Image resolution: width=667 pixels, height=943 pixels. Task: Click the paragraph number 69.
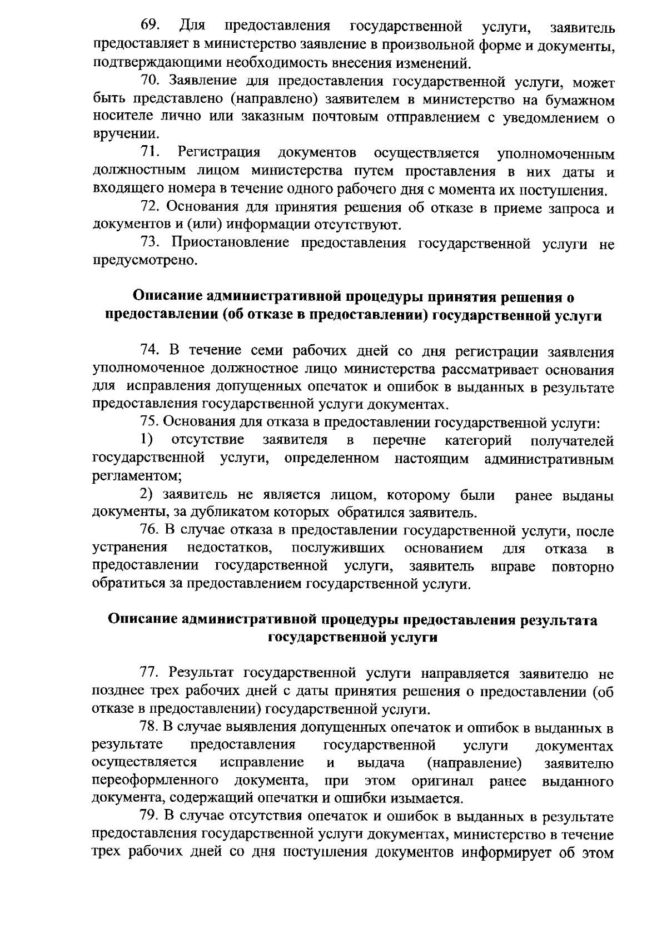150,26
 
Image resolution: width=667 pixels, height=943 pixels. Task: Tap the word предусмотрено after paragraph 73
145,260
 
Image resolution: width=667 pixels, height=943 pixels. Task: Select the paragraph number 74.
151,350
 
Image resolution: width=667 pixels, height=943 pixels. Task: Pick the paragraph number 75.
151,423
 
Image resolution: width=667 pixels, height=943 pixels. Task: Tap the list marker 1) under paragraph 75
146,440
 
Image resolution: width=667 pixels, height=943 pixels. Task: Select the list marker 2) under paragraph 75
146,494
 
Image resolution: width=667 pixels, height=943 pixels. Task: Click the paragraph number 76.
151,531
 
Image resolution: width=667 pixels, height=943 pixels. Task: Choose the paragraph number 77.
151,674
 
